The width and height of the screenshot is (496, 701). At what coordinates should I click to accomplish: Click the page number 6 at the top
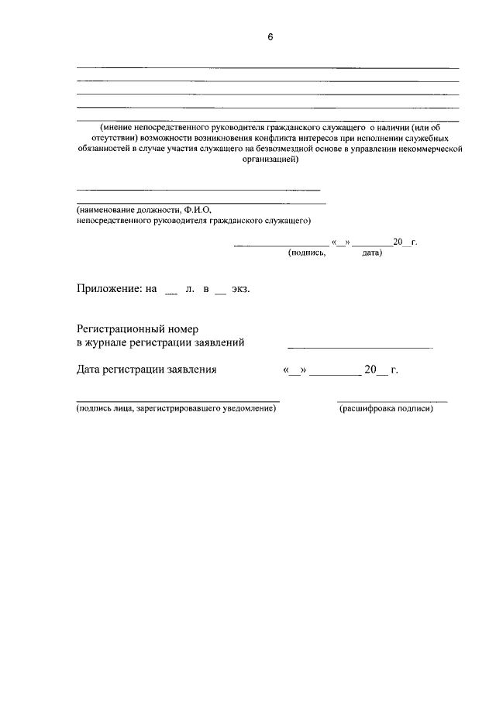pyautogui.click(x=270, y=37)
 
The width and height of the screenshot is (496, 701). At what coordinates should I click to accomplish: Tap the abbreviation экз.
pyautogui.click(x=240, y=289)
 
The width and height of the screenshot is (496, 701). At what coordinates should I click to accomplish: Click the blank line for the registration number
pyautogui.click(x=360, y=345)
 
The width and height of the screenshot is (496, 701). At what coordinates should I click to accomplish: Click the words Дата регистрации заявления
pyautogui.click(x=146, y=370)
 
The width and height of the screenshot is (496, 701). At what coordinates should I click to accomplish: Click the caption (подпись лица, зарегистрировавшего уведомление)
pyautogui.click(x=176, y=409)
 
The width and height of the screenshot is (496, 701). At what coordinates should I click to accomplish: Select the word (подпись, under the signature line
pyautogui.click(x=307, y=253)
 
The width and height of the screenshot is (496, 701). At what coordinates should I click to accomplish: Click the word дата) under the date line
pyautogui.click(x=371, y=253)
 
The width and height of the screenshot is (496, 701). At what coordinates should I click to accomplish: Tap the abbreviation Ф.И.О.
pyautogui.click(x=198, y=209)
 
